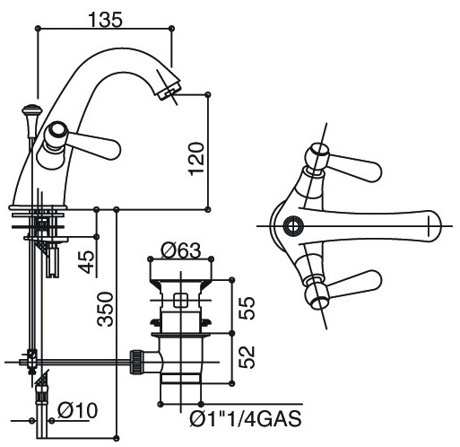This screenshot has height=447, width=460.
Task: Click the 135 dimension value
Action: [106, 20]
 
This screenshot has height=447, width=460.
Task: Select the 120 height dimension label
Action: [196, 159]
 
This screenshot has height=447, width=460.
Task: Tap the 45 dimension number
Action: [87, 262]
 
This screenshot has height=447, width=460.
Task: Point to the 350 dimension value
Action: [106, 309]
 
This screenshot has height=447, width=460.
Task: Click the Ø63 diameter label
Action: [181, 250]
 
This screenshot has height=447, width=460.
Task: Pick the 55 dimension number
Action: [247, 308]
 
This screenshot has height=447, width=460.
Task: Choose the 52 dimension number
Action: [247, 357]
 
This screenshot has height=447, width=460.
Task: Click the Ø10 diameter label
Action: [78, 410]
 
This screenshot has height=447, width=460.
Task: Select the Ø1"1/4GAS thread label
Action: [246, 418]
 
